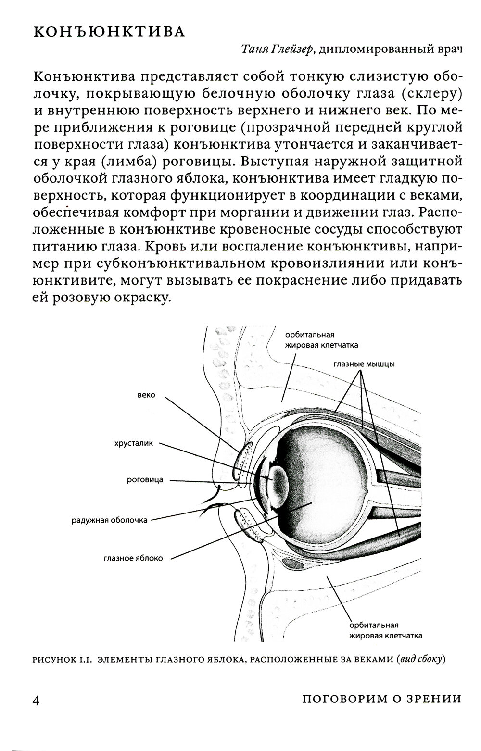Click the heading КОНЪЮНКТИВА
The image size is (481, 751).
point(109,32)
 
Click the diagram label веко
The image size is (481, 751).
point(146,395)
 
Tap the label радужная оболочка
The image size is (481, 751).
point(110,520)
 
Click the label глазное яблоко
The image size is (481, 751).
point(133,558)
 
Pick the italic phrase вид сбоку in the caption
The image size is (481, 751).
point(419,660)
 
